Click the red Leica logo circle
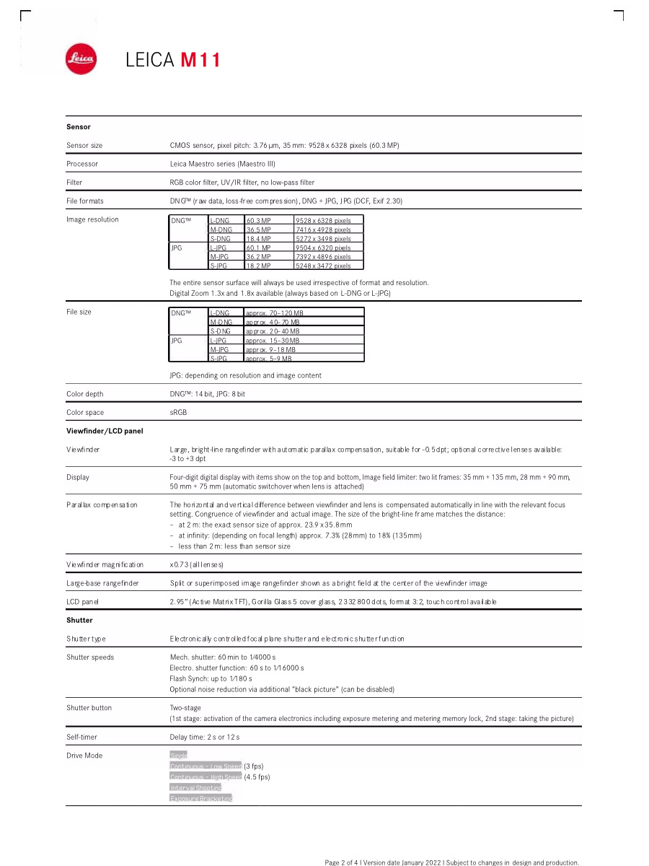click(x=81, y=59)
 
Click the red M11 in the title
click(x=200, y=60)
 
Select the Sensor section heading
click(x=79, y=127)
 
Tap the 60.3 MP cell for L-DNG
click(x=258, y=220)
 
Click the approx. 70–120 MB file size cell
click(x=274, y=313)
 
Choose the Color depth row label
click(x=85, y=394)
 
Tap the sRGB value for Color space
click(x=177, y=413)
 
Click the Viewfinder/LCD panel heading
click(x=105, y=431)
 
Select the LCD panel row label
click(x=82, y=601)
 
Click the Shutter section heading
click(x=79, y=620)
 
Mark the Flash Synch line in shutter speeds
click(x=211, y=679)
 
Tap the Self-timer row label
click(x=81, y=737)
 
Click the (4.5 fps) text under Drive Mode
click(x=257, y=777)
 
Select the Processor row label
click(x=82, y=164)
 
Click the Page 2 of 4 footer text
click(x=451, y=862)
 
